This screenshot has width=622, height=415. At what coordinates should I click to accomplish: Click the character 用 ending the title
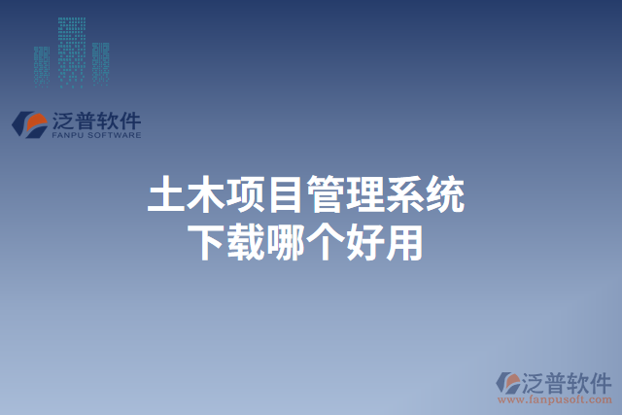[406, 241]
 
